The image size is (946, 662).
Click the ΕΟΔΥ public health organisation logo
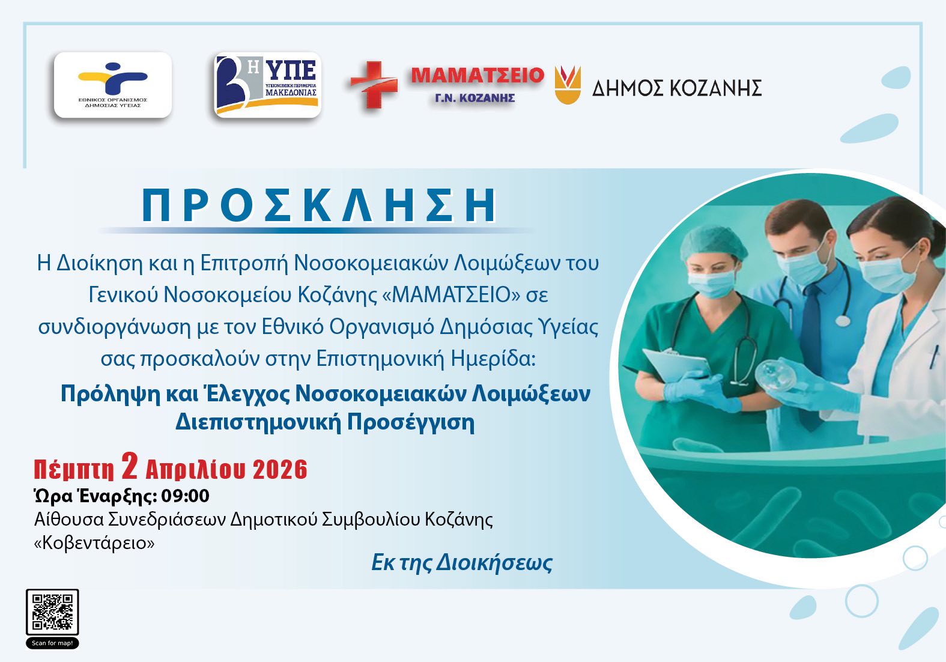coord(113,85)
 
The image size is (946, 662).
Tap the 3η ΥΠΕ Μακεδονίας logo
coord(268,85)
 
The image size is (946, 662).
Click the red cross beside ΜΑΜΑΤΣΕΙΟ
coord(374,85)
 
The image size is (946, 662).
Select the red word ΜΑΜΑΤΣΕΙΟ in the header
coord(478,75)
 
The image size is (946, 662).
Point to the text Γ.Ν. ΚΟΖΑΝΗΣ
coord(475,99)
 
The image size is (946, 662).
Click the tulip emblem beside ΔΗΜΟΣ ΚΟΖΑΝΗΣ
coord(568,85)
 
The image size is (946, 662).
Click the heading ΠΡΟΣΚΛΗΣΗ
coord(320,205)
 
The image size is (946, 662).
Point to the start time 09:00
coord(185,496)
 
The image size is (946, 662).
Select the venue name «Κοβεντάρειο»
coord(94,543)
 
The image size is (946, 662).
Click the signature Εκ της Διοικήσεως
coord(462,563)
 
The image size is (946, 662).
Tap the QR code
coord(52,612)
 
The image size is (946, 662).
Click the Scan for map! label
coord(52,643)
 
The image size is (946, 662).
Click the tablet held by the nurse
coord(677,365)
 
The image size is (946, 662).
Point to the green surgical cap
coord(713,243)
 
